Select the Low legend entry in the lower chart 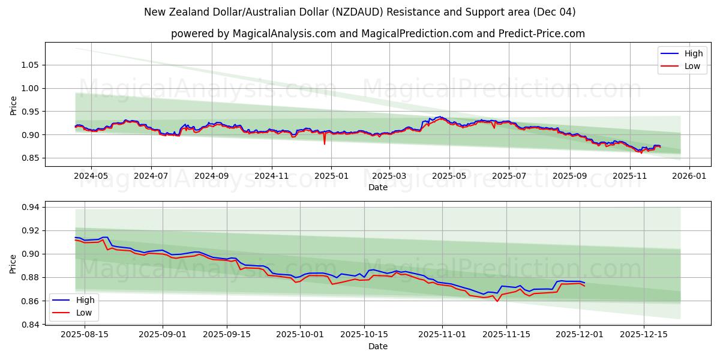click(84, 312)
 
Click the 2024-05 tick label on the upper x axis click(91, 176)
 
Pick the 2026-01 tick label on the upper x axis click(689, 176)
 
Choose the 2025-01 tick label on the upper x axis click(331, 176)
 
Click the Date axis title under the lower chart click(378, 346)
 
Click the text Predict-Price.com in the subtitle click(541, 34)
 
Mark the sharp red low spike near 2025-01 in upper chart click(325, 144)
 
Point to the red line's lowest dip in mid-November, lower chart click(497, 301)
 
